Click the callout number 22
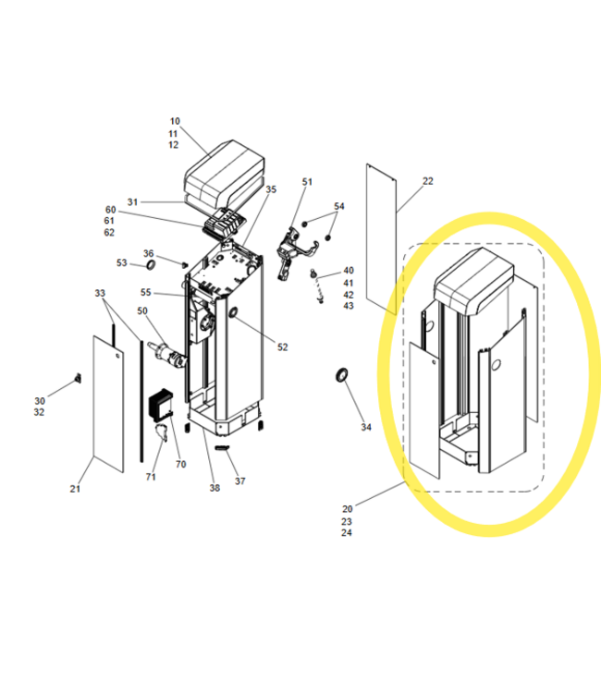pyautogui.click(x=428, y=181)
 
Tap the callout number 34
pyautogui.click(x=366, y=427)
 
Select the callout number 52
pyautogui.click(x=283, y=347)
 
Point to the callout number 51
pyautogui.click(x=307, y=182)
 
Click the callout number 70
pyautogui.click(x=181, y=465)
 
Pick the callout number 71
pyautogui.click(x=151, y=477)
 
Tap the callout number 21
pyautogui.click(x=75, y=489)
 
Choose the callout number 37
pyautogui.click(x=240, y=481)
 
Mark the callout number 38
pyautogui.click(x=215, y=488)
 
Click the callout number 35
pyautogui.click(x=271, y=189)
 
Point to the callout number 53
pyautogui.click(x=122, y=263)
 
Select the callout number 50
pyautogui.click(x=142, y=311)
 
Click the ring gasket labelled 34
pyautogui.click(x=342, y=375)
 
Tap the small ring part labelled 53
pyautogui.click(x=151, y=265)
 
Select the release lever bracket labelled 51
pyautogui.click(x=295, y=253)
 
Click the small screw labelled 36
pyautogui.click(x=184, y=264)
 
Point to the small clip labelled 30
pyautogui.click(x=79, y=378)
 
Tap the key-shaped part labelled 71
pyautogui.click(x=162, y=432)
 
